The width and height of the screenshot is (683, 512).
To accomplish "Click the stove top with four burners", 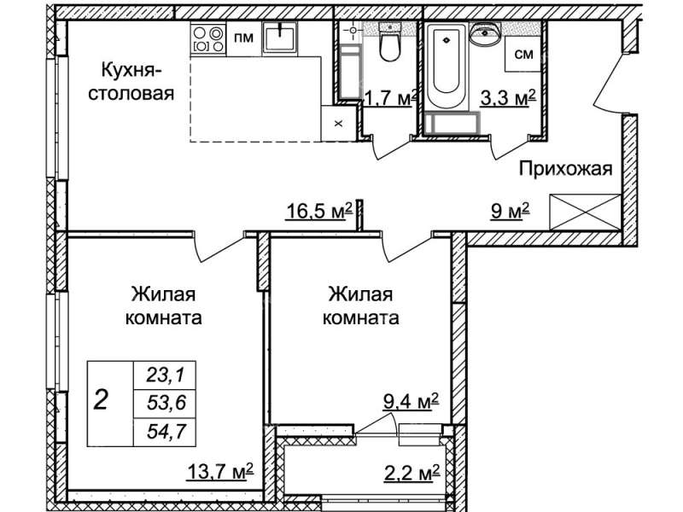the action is [x=208, y=39].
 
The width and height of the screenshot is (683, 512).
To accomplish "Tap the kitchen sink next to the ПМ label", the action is [x=280, y=38].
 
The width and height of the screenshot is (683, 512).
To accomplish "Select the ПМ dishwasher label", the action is [x=244, y=38].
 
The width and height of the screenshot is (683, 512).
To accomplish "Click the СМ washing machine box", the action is [x=522, y=54].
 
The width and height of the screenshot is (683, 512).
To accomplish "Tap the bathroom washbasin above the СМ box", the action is [x=486, y=34].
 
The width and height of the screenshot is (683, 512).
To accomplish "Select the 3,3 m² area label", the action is [x=508, y=98].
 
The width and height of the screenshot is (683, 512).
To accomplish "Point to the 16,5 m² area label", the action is [x=318, y=212].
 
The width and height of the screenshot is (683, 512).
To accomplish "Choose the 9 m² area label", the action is [x=510, y=212].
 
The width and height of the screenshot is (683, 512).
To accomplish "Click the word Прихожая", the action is [x=565, y=168].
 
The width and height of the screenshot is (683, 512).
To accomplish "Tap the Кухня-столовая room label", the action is [x=131, y=81].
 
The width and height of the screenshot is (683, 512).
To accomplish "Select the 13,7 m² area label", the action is [x=220, y=472].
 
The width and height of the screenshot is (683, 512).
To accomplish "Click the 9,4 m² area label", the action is [x=411, y=401].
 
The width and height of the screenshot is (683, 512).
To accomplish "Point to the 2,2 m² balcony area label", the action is [x=412, y=472].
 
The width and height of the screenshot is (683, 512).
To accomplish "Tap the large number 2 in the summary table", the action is [x=101, y=399].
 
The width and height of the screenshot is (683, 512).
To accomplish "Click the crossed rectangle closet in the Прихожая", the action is [x=585, y=212].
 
